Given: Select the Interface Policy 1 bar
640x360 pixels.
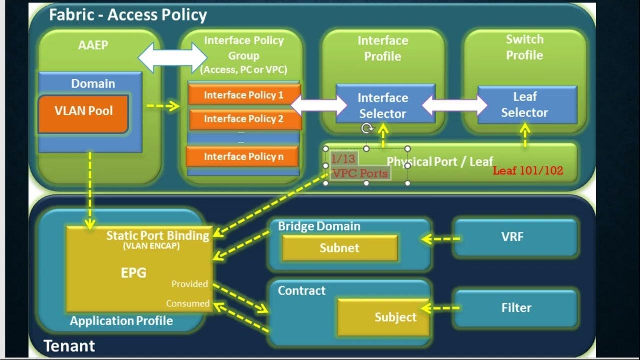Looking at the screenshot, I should [244, 95].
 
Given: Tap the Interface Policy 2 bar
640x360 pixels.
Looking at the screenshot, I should [244, 119].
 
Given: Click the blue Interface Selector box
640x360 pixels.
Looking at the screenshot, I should [383, 105].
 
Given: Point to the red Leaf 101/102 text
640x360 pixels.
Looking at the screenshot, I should [528, 171].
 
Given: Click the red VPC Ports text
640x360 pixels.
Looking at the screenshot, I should [360, 173].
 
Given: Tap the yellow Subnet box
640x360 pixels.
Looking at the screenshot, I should [340, 248].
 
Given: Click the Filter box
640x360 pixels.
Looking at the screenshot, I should [516, 308].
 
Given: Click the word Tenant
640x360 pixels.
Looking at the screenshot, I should [70, 346].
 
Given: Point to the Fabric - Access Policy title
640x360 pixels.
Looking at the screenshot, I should [128, 15].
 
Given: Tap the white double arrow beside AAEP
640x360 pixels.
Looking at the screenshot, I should [172, 58].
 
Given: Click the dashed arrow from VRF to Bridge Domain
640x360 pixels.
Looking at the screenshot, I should [441, 239].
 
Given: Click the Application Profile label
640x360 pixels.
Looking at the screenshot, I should [121, 321].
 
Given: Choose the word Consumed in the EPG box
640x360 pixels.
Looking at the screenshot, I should [188, 303].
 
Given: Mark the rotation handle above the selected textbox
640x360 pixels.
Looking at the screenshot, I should [367, 128].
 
